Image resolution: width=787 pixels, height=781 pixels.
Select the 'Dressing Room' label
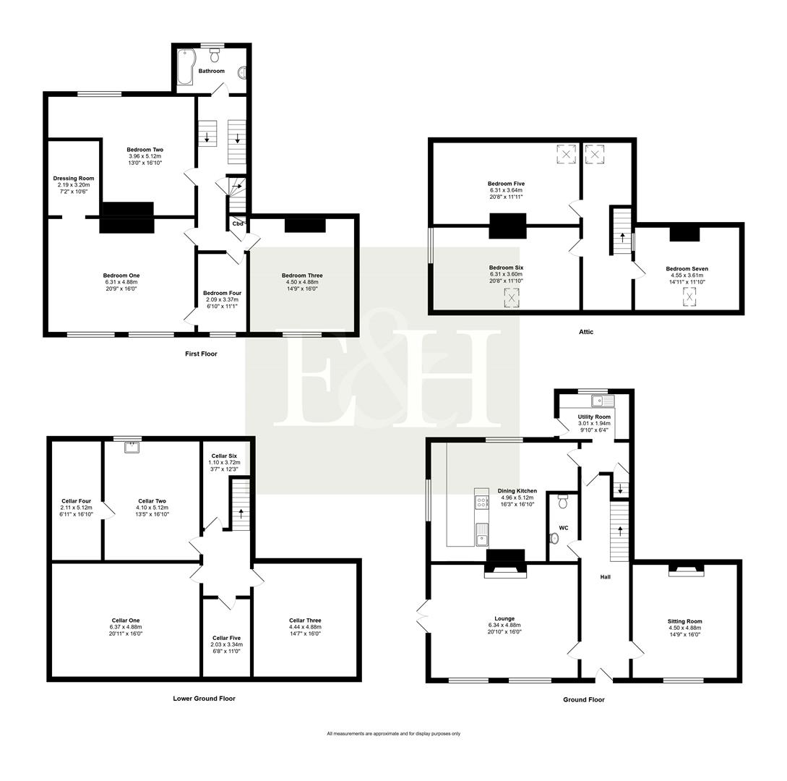(x=74, y=178)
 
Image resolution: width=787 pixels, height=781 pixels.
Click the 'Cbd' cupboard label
(x=237, y=223)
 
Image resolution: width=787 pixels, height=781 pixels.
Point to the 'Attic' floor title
(x=586, y=332)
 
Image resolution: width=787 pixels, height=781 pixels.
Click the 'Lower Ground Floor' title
(x=204, y=699)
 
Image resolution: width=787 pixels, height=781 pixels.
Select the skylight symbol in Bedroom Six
(x=512, y=297)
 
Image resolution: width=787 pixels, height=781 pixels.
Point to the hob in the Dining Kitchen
(x=481, y=499)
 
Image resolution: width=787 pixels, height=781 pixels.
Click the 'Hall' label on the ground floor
(x=605, y=577)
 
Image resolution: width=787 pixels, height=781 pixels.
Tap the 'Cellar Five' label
(x=226, y=637)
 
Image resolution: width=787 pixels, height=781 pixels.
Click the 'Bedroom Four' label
(x=222, y=293)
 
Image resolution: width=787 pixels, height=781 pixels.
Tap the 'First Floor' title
(x=201, y=354)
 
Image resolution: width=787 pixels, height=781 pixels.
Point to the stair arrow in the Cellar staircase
(x=241, y=515)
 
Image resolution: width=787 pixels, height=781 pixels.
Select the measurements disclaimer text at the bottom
(x=393, y=733)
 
